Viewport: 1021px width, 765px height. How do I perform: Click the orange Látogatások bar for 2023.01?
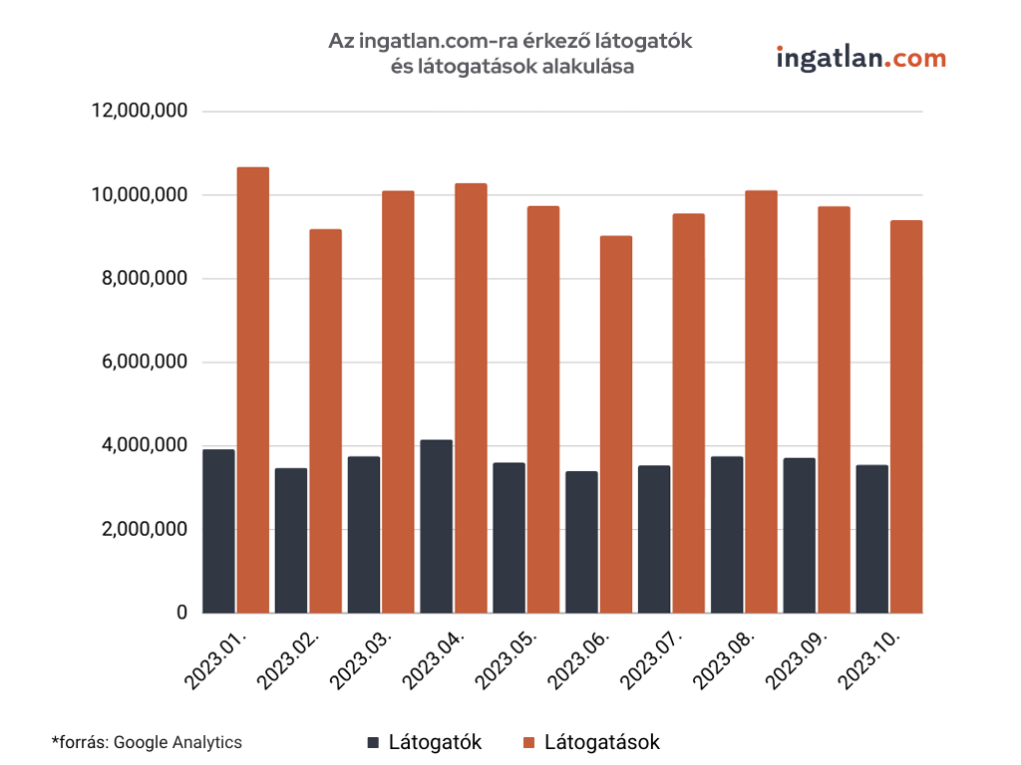(x=252, y=389)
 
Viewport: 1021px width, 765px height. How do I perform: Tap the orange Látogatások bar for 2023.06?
(x=615, y=423)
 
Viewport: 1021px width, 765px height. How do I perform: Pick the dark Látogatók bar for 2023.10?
(x=871, y=539)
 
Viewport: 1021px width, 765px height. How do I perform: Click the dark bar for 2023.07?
(x=654, y=539)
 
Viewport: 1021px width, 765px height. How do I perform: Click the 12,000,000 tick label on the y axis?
(x=140, y=112)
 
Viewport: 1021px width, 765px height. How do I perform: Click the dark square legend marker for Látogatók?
(x=374, y=743)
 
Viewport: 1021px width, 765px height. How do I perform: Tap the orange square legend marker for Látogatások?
(x=529, y=743)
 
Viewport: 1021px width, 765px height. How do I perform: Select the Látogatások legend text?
(x=601, y=743)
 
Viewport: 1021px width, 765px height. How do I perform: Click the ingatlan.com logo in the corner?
(x=860, y=59)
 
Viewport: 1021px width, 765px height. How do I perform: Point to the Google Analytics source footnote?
(x=147, y=742)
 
